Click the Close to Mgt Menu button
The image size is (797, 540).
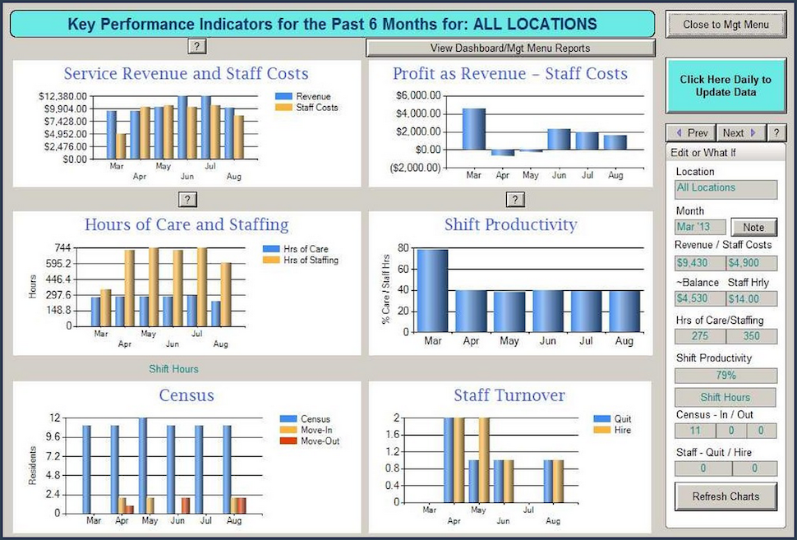(726, 25)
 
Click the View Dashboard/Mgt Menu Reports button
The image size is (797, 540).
(510, 48)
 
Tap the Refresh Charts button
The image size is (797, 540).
(726, 496)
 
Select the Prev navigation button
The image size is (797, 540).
(691, 133)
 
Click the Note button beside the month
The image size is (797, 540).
(753, 228)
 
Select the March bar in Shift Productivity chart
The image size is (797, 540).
(432, 292)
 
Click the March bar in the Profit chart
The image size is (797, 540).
(474, 128)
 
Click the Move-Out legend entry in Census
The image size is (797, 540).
(319, 441)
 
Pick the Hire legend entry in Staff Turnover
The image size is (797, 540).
(621, 430)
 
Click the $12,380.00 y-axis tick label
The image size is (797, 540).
(63, 97)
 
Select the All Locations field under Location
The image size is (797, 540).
(726, 188)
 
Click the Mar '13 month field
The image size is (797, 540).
(700, 228)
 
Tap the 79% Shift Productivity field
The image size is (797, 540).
(726, 376)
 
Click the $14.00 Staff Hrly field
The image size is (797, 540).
(751, 298)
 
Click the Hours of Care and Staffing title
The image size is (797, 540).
(187, 224)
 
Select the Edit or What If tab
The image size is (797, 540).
(705, 153)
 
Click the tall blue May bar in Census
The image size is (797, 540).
(143, 465)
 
